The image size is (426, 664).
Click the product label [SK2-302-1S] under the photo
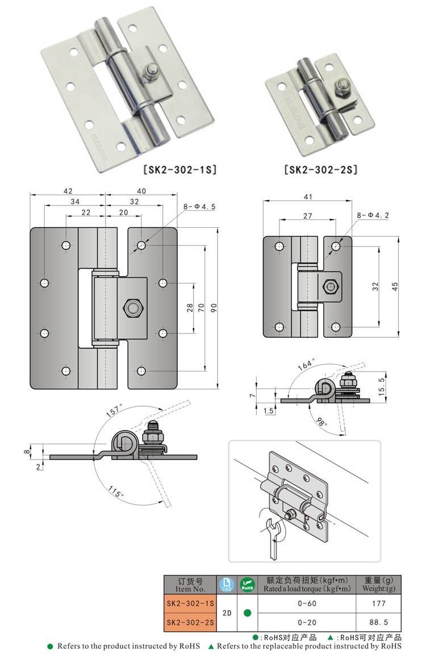[x=179, y=169]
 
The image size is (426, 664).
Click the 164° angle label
[x=312, y=366]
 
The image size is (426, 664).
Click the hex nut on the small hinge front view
[x=329, y=287]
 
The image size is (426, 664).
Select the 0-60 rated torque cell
[x=307, y=603]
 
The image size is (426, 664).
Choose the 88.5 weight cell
[x=378, y=622]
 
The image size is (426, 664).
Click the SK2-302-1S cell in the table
[x=190, y=603]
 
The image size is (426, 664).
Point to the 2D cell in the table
[x=226, y=613]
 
